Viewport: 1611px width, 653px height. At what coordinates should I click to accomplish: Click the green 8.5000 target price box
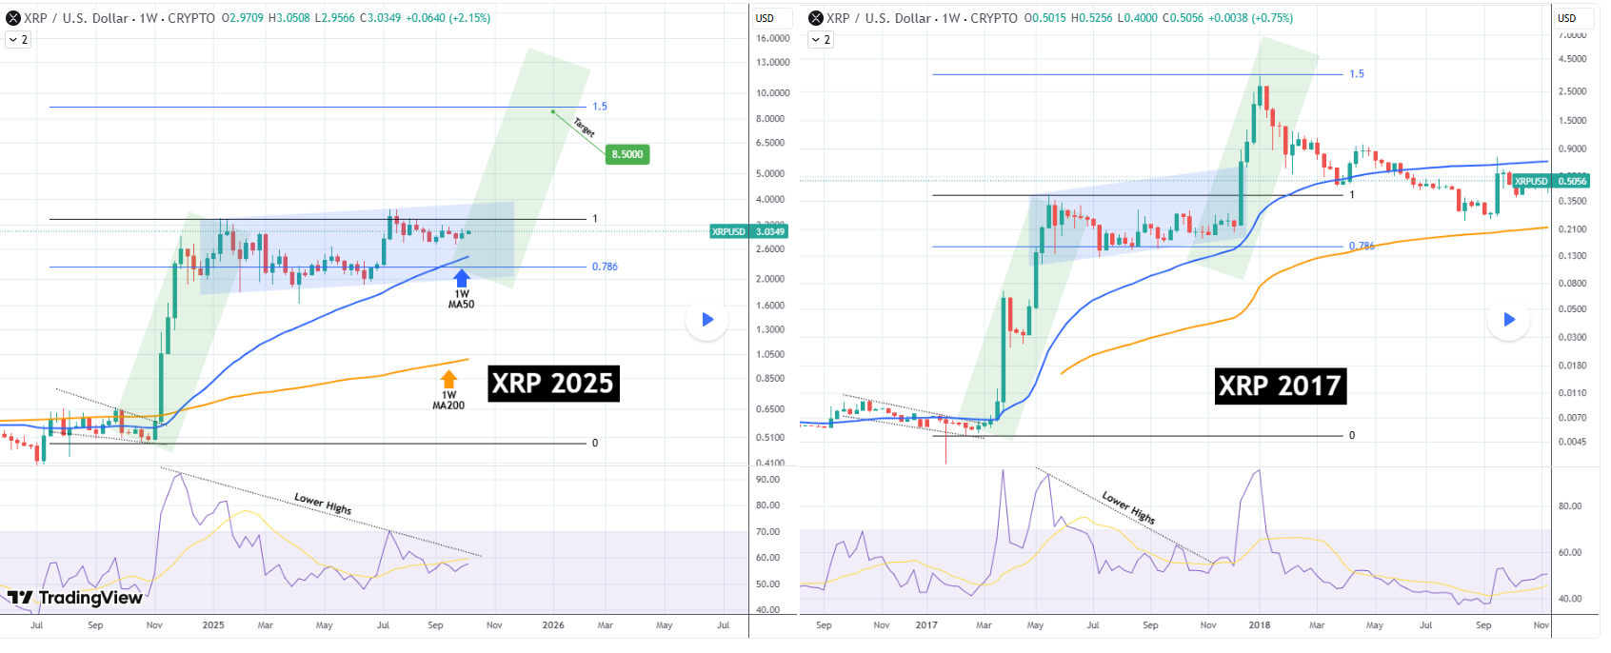(627, 154)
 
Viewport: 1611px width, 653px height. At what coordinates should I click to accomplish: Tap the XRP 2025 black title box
(553, 384)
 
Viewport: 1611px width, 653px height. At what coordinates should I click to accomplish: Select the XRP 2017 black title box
(1281, 386)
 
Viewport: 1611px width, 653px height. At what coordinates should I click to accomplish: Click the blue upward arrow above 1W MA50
(462, 278)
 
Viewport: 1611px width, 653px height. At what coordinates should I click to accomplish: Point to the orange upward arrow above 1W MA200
(449, 379)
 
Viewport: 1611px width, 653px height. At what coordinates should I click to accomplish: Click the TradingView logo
(75, 598)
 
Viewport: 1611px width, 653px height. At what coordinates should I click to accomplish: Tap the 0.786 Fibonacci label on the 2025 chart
(605, 267)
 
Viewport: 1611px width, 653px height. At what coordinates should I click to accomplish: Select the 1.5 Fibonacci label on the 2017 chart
(1357, 74)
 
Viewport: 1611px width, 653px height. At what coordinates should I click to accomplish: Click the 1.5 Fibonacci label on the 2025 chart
(600, 107)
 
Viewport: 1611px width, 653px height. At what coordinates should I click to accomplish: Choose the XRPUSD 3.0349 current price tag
(749, 231)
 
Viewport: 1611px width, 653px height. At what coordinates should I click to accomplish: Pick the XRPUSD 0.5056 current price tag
(1551, 181)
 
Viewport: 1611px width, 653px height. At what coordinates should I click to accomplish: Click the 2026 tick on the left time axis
(553, 625)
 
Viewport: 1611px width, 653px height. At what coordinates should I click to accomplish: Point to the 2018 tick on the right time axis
(1260, 625)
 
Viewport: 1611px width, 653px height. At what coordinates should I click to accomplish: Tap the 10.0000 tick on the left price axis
(772, 93)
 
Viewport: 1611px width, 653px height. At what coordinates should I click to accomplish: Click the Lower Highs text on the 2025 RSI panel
(323, 504)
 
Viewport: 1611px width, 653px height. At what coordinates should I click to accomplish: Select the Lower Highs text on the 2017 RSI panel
(1128, 507)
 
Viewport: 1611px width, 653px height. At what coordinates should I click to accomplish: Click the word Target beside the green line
(585, 127)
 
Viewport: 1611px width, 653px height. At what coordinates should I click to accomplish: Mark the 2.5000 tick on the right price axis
(1572, 91)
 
